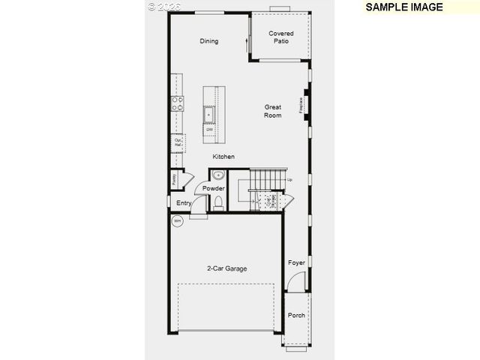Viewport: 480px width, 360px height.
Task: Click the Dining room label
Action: [208, 41]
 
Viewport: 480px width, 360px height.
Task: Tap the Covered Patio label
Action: [281, 37]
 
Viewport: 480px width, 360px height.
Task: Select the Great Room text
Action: [272, 111]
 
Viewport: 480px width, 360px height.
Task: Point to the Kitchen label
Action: [223, 157]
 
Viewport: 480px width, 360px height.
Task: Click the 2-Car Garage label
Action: [227, 268]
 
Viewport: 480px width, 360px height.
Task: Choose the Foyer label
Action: [297, 262]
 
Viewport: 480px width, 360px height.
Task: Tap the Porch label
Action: [296, 315]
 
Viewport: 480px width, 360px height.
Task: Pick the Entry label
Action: [184, 202]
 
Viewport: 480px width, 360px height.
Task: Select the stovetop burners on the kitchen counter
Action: [178, 103]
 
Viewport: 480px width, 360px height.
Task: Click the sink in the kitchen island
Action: [210, 114]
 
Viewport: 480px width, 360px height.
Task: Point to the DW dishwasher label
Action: [210, 129]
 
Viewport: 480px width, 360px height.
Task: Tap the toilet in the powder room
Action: [218, 202]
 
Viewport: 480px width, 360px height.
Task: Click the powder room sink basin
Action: [218, 175]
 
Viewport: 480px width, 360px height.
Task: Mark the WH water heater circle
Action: [178, 220]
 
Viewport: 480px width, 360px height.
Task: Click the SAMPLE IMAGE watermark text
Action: [404, 7]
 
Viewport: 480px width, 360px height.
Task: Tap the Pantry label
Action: [174, 179]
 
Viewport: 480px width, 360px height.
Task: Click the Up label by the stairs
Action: [289, 179]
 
